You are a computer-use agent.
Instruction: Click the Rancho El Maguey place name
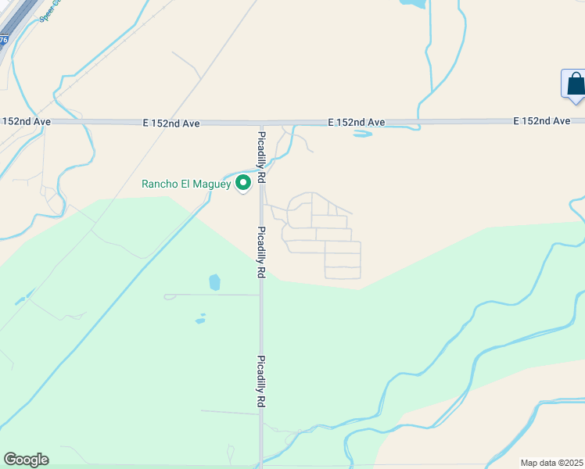click(185, 184)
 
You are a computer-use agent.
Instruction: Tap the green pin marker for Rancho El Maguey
click(243, 183)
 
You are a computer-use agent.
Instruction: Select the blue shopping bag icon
click(574, 84)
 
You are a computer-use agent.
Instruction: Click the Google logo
click(26, 460)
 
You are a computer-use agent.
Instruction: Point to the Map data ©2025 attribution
click(552, 463)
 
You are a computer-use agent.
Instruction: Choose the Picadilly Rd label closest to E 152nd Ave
click(262, 157)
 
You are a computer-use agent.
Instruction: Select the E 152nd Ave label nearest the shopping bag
click(542, 121)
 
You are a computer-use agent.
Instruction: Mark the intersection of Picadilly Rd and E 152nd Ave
click(262, 123)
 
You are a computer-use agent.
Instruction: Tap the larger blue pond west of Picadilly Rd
click(214, 282)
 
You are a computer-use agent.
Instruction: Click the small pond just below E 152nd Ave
click(362, 134)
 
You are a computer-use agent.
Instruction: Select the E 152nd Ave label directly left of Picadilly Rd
click(171, 124)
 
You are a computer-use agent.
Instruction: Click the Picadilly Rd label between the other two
click(262, 253)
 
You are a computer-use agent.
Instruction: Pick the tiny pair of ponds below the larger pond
click(200, 320)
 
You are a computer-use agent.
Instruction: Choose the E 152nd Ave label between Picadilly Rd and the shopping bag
click(357, 123)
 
